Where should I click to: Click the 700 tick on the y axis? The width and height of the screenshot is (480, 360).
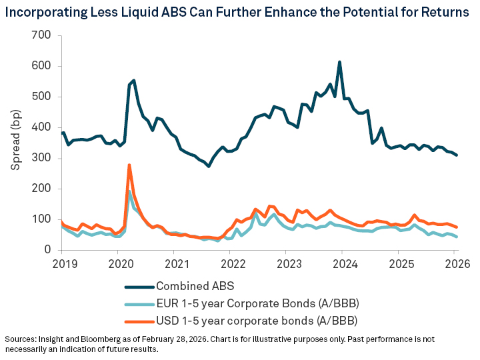tap(42, 35)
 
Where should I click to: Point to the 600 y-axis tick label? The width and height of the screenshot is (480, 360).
tap(42, 66)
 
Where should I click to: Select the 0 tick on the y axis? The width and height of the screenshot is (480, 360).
tap(48, 250)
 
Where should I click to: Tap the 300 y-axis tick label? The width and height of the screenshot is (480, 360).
tap(42, 158)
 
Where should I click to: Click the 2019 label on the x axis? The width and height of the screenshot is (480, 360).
tap(62, 263)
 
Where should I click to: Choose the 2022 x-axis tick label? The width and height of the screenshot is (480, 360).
tap(230, 263)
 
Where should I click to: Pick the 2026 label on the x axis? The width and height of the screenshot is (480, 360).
tap(454, 263)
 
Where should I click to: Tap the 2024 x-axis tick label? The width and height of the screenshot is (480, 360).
tap(342, 263)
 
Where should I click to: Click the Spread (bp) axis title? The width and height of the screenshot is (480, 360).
tap(16, 143)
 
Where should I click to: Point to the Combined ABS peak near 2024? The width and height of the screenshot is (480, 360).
tap(340, 62)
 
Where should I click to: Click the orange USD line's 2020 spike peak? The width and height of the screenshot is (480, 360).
tap(129, 165)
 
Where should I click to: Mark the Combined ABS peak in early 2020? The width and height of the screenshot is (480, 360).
tap(134, 81)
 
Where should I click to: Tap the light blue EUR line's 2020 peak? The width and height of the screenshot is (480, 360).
tap(129, 192)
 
